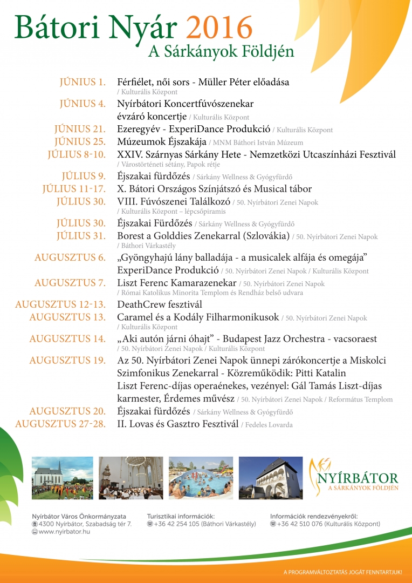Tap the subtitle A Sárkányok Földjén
tap(221, 52)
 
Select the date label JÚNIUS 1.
tap(83, 83)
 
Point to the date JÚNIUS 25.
tap(80, 142)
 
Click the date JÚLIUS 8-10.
tap(77, 155)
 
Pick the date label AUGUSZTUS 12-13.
tap(60, 304)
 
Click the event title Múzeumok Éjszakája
tap(154, 142)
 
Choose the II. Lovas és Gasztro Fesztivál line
tap(177, 424)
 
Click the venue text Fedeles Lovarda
tap(269, 425)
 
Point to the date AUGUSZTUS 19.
tap(67, 360)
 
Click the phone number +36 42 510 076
tap(303, 524)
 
